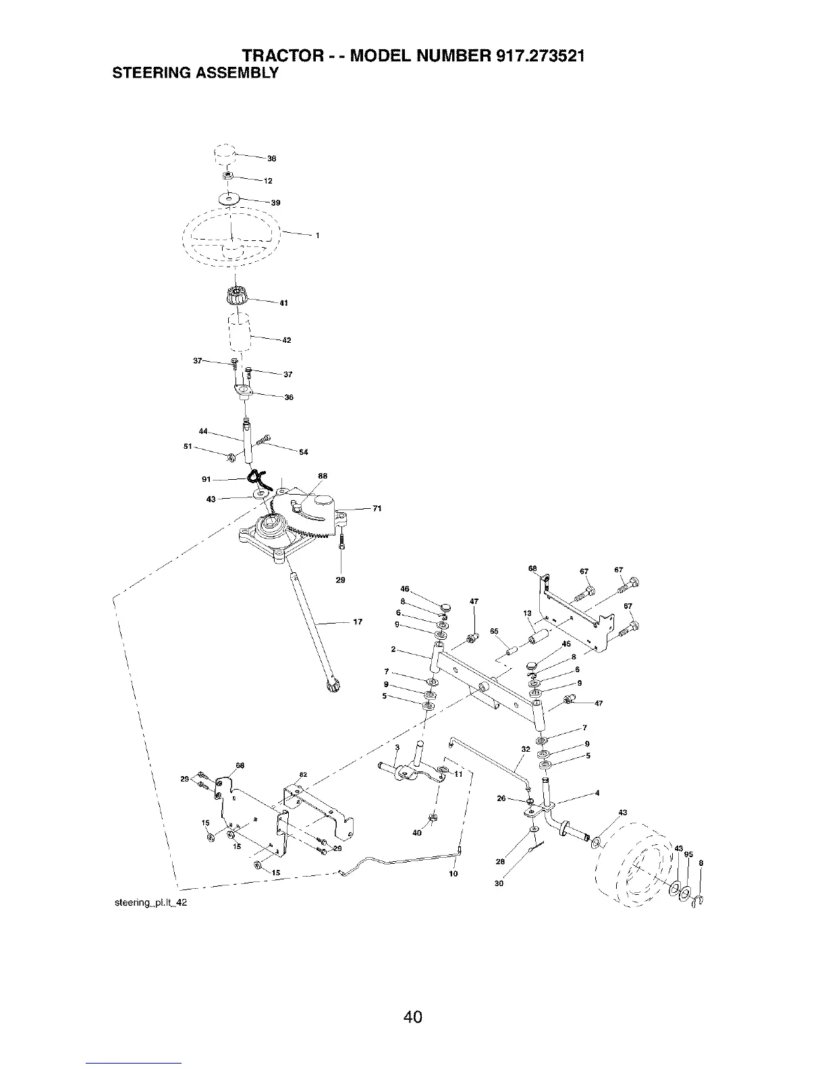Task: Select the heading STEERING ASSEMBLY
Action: click(x=194, y=73)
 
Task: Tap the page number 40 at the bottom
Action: click(x=413, y=997)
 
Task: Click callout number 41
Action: click(x=284, y=303)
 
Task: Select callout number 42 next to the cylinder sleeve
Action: click(x=286, y=340)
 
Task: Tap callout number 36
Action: click(x=289, y=398)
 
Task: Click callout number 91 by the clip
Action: click(x=206, y=479)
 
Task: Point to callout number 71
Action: click(x=377, y=509)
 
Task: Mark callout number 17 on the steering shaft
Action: click(x=358, y=622)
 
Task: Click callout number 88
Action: click(x=323, y=476)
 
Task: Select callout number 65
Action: click(x=494, y=632)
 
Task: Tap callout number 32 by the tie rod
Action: click(x=526, y=749)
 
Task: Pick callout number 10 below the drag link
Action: click(x=453, y=874)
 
